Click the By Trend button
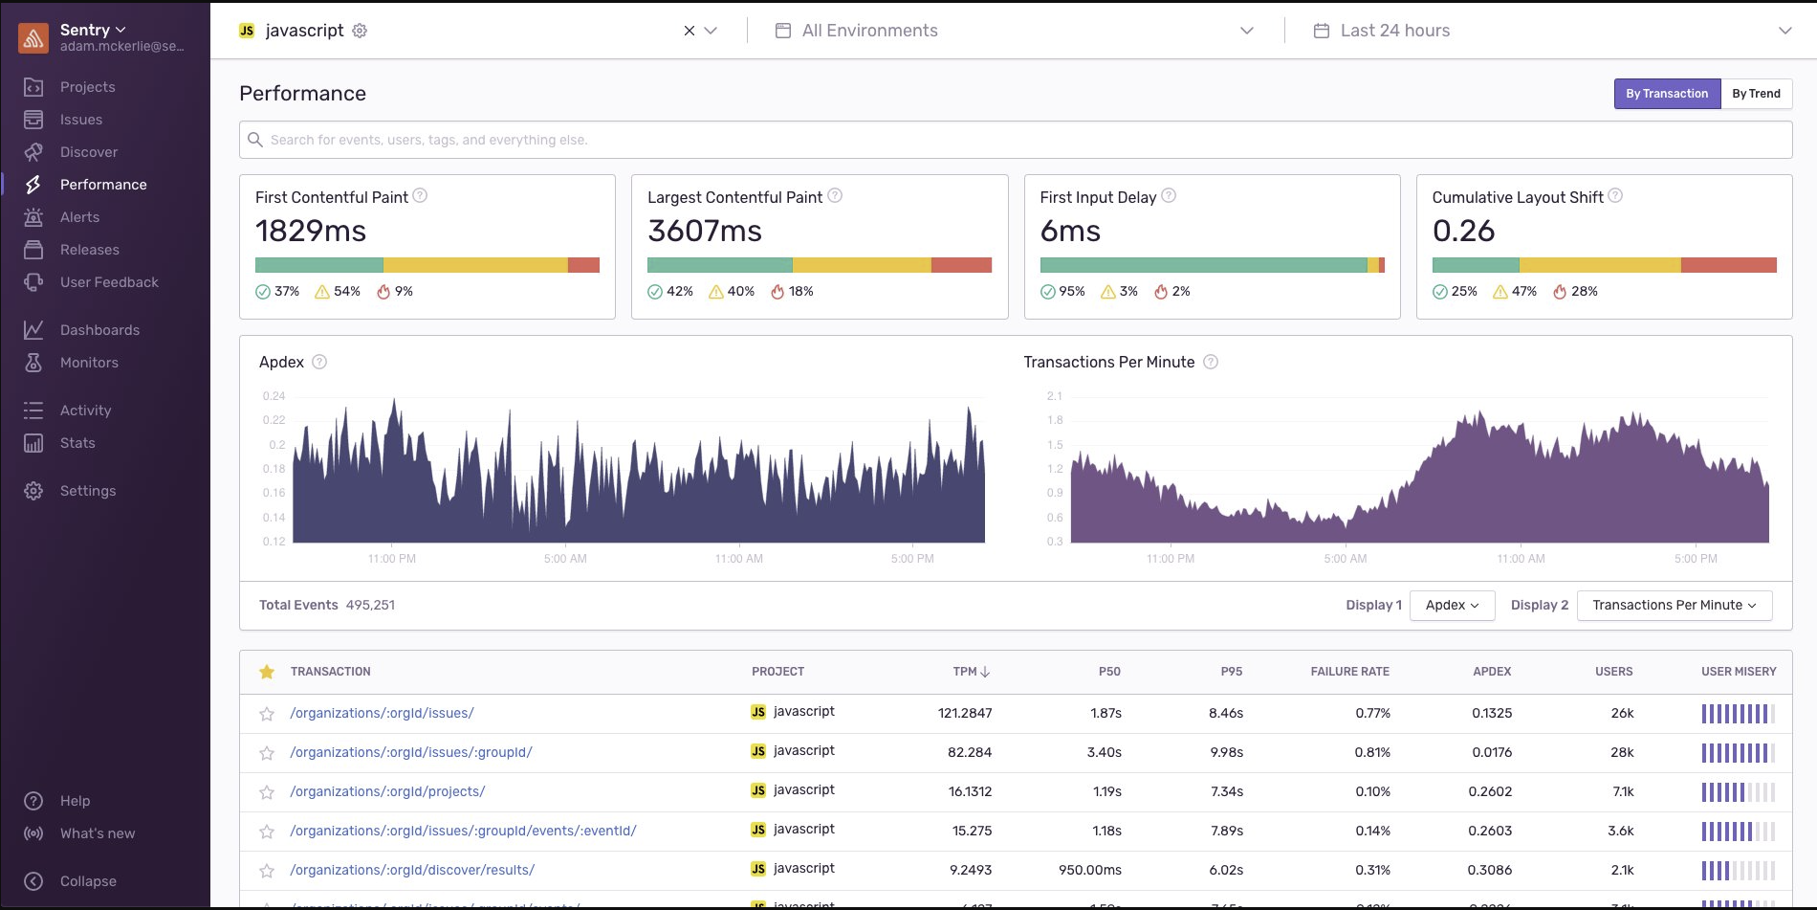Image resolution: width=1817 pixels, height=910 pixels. click(x=1756, y=94)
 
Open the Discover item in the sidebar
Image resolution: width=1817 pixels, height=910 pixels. click(x=88, y=152)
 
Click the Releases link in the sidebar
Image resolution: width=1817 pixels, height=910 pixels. click(x=89, y=250)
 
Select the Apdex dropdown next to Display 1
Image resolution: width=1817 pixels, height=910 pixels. click(x=1452, y=605)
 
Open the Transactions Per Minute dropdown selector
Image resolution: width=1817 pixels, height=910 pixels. click(x=1674, y=605)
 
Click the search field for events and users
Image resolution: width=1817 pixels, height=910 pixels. click(x=1014, y=140)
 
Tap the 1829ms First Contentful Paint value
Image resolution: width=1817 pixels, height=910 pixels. click(x=311, y=231)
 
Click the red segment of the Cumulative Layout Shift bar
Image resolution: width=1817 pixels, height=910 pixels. click(x=1728, y=265)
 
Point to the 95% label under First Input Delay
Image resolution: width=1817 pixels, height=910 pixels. click(x=1071, y=291)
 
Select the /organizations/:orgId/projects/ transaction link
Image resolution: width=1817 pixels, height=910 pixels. click(x=387, y=791)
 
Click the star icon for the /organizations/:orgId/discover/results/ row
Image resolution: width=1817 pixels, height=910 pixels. click(x=267, y=871)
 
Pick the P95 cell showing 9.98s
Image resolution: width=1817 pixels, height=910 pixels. click(x=1226, y=752)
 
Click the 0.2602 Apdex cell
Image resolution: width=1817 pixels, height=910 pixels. click(x=1490, y=791)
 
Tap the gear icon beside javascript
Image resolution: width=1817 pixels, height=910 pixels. click(x=360, y=31)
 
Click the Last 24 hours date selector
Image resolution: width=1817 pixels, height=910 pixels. click(x=1394, y=31)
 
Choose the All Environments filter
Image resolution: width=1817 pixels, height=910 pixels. click(x=869, y=31)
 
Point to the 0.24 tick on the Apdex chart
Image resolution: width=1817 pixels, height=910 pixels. click(x=274, y=396)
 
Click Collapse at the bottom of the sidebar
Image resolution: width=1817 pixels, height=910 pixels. click(x=87, y=881)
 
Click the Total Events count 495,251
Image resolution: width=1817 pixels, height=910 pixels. click(x=370, y=605)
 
